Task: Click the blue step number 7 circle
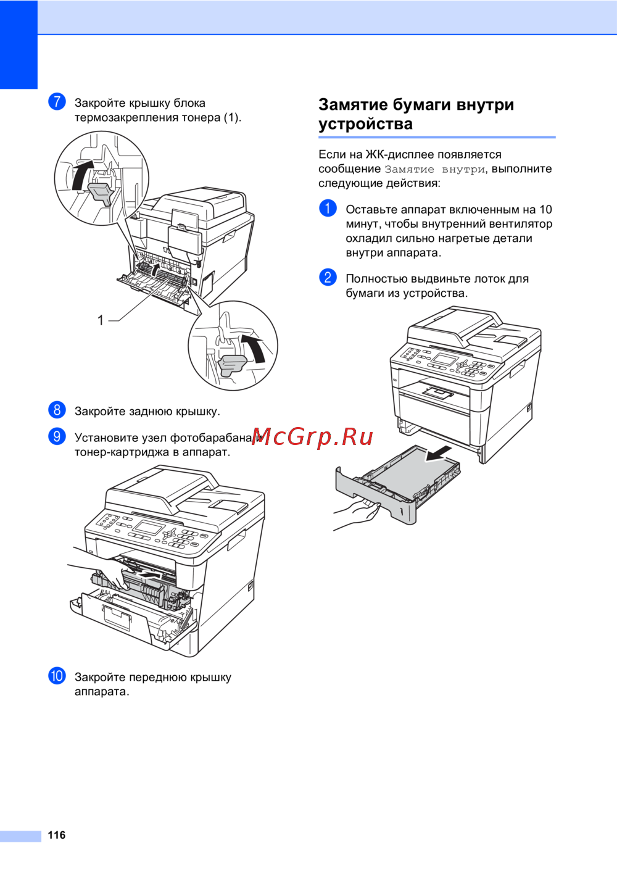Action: (57, 102)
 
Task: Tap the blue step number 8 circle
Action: (57, 410)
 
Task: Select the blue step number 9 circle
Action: (57, 436)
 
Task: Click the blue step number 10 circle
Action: (57, 676)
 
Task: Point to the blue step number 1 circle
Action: (328, 208)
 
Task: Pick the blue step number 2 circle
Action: (328, 277)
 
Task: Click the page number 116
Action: (57, 834)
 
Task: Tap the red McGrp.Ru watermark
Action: (313, 437)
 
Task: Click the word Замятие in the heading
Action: (352, 104)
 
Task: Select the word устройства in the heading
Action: (365, 125)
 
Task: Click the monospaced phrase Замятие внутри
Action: (435, 169)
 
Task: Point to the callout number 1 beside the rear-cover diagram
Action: (101, 320)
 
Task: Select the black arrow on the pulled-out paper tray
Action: (438, 454)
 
